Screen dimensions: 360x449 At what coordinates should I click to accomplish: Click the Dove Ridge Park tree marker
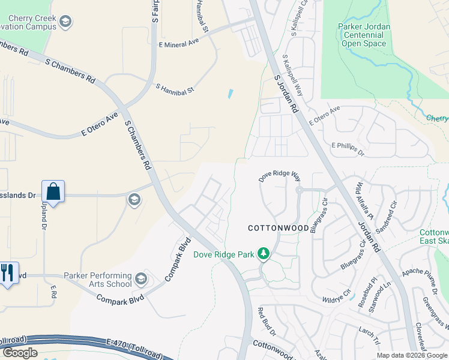[x=263, y=254]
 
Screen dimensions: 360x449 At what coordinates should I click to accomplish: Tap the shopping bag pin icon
[x=53, y=192]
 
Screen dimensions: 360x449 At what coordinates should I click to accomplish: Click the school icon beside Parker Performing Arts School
[x=141, y=278]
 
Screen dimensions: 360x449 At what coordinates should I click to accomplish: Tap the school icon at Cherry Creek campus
[x=65, y=22]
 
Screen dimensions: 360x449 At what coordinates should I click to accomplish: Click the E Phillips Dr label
[x=348, y=149]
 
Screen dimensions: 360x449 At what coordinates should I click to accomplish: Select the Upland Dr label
[x=43, y=214]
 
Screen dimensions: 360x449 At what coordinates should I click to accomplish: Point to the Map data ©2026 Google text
[x=411, y=355]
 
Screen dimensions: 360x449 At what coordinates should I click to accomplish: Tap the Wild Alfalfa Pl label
[x=364, y=202]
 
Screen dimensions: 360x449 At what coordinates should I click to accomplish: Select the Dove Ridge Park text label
[x=221, y=254]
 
